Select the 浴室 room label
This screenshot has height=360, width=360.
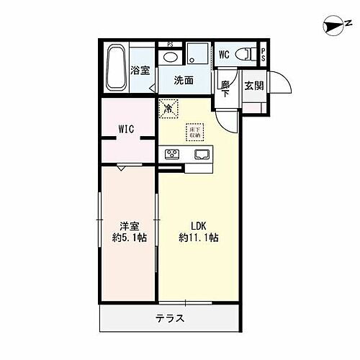pyautogui.click(x=140, y=70)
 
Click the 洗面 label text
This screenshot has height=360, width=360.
pyautogui.click(x=184, y=81)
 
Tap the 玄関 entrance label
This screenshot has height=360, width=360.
pyautogui.click(x=253, y=86)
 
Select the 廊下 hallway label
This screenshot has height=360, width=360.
pyautogui.click(x=225, y=89)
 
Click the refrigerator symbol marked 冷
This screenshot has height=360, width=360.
pyautogui.click(x=168, y=109)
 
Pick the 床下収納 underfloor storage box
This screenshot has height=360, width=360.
pyautogui.click(x=194, y=132)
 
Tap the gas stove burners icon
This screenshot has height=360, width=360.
pyautogui.click(x=174, y=153)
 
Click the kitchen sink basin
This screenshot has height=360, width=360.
pyautogui.click(x=200, y=153)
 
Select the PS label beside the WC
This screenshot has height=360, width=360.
pyautogui.click(x=264, y=53)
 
